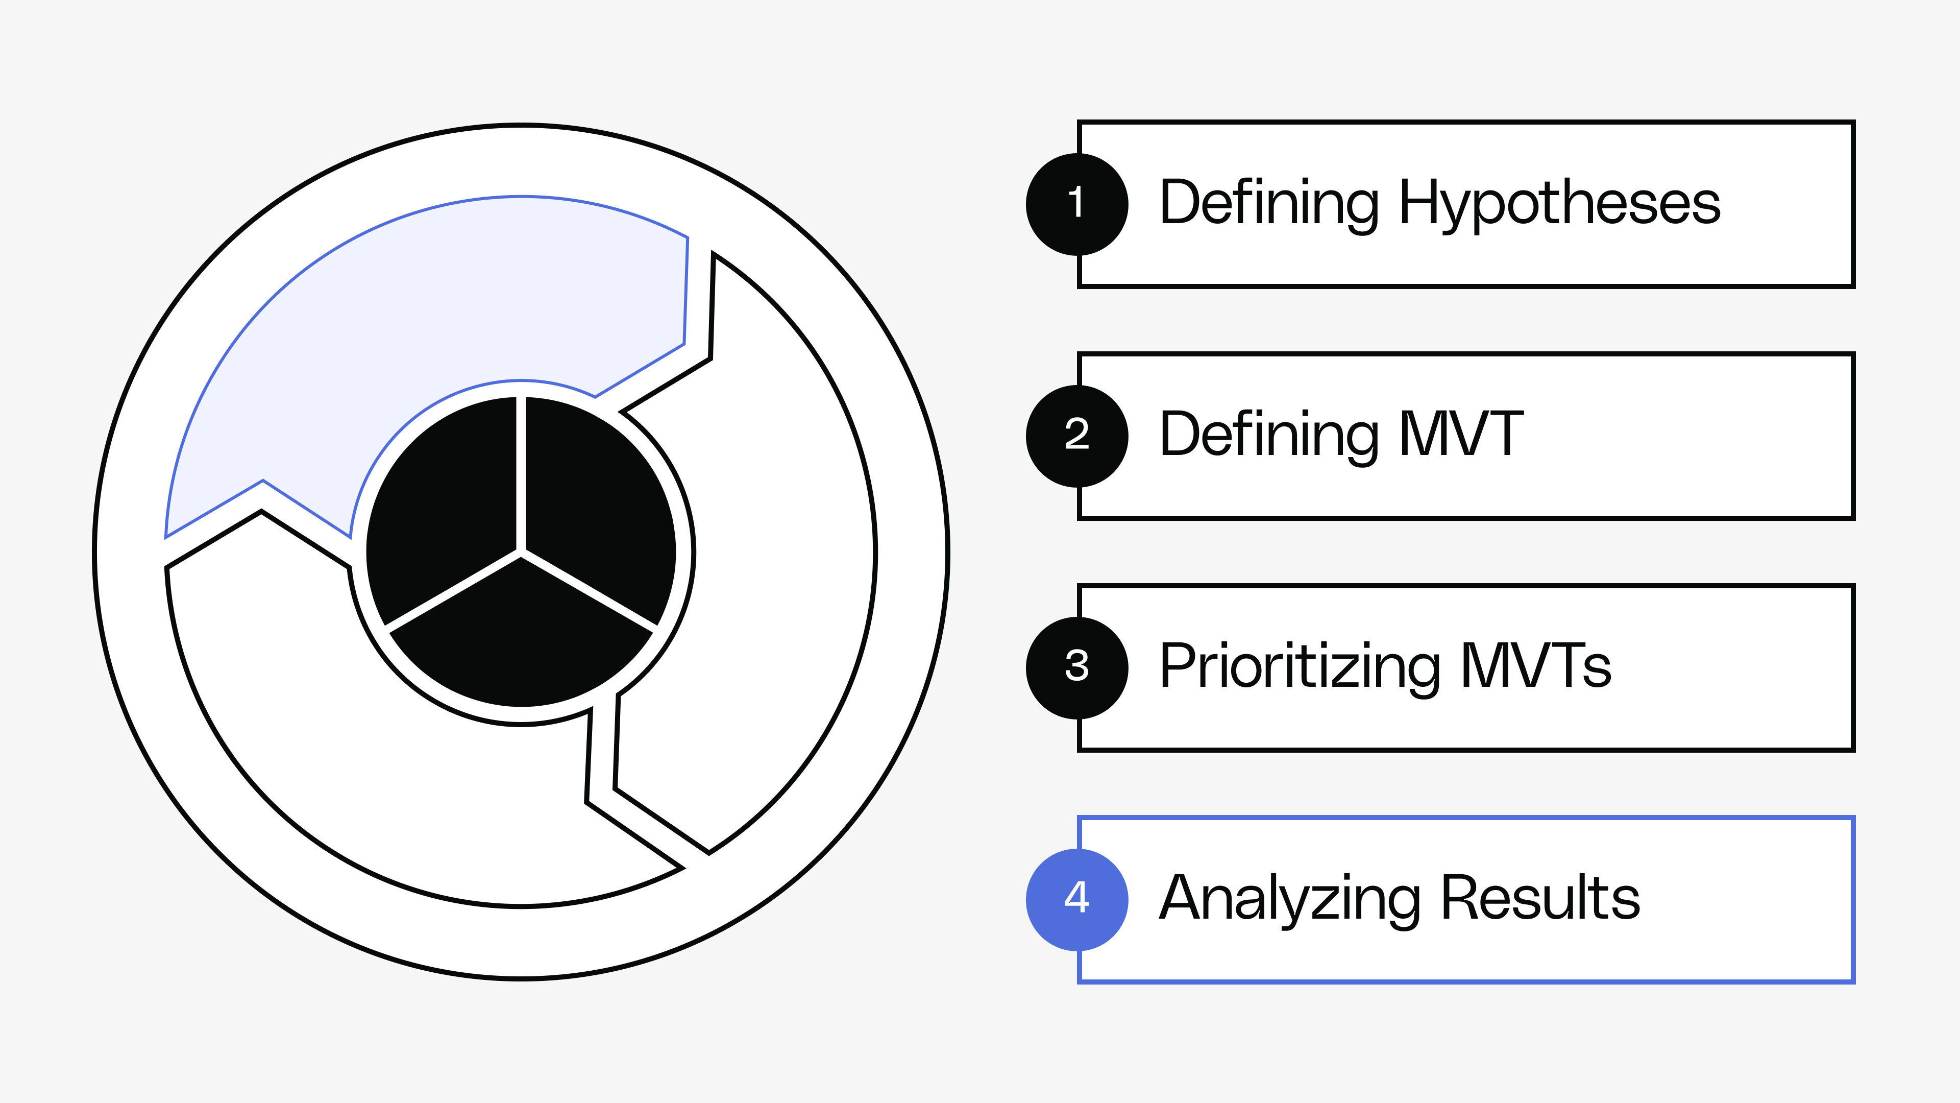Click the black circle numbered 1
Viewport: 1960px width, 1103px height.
click(1076, 204)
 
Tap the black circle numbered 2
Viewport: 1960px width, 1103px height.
click(1076, 436)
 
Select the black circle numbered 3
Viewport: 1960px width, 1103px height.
click(1076, 667)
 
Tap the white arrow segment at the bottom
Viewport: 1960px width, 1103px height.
click(396, 761)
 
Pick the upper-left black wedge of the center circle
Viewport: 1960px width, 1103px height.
click(445, 502)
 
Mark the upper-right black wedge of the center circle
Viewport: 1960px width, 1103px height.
click(597, 502)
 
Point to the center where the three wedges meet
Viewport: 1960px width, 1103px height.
click(521, 553)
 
